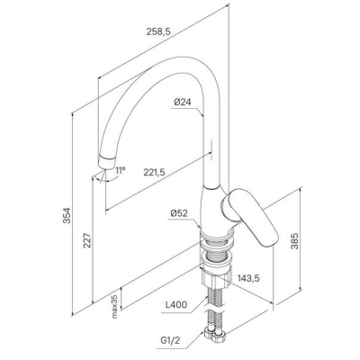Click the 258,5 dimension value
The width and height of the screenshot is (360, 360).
[x=158, y=31]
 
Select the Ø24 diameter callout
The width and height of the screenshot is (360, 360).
[x=182, y=103]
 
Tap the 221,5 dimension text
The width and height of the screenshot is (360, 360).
[x=155, y=172]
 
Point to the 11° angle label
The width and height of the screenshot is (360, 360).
[x=121, y=170]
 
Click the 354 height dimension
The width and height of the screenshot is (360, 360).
[x=67, y=215]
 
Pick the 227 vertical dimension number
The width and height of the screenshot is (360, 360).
[x=86, y=240]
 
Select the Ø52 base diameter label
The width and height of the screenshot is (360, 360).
[x=179, y=213]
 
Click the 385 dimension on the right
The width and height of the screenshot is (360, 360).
[x=295, y=241]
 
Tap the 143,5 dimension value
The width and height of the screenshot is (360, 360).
[x=248, y=278]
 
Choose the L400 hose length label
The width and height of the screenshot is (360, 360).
[x=176, y=304]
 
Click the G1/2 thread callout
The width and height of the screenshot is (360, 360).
[x=171, y=340]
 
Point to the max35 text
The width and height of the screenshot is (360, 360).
[x=114, y=306]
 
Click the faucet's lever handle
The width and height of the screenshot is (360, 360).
[x=250, y=216]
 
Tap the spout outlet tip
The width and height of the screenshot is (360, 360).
[x=107, y=162]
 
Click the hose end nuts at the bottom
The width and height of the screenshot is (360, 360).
[x=215, y=335]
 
